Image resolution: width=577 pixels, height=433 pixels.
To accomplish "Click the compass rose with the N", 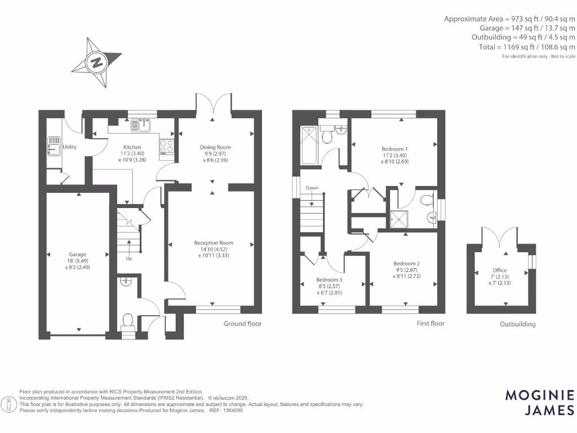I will (96, 62).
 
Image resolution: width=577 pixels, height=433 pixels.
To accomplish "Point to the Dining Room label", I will (215, 147).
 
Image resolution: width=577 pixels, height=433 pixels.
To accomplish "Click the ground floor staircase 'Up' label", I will (129, 259).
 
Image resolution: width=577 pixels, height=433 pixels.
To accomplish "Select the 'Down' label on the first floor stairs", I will (312, 188).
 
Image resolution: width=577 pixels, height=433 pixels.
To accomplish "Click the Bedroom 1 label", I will (394, 149).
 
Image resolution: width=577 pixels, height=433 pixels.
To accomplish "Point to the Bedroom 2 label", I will (406, 263).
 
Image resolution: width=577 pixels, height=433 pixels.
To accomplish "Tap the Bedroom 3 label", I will (329, 280).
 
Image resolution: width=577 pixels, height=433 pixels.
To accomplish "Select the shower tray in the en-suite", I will (401, 218).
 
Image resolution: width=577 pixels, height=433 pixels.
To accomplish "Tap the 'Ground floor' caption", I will (242, 324).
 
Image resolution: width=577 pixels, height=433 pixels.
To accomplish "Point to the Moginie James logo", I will (539, 403).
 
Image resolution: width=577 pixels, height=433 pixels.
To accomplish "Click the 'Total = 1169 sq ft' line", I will (527, 47).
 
